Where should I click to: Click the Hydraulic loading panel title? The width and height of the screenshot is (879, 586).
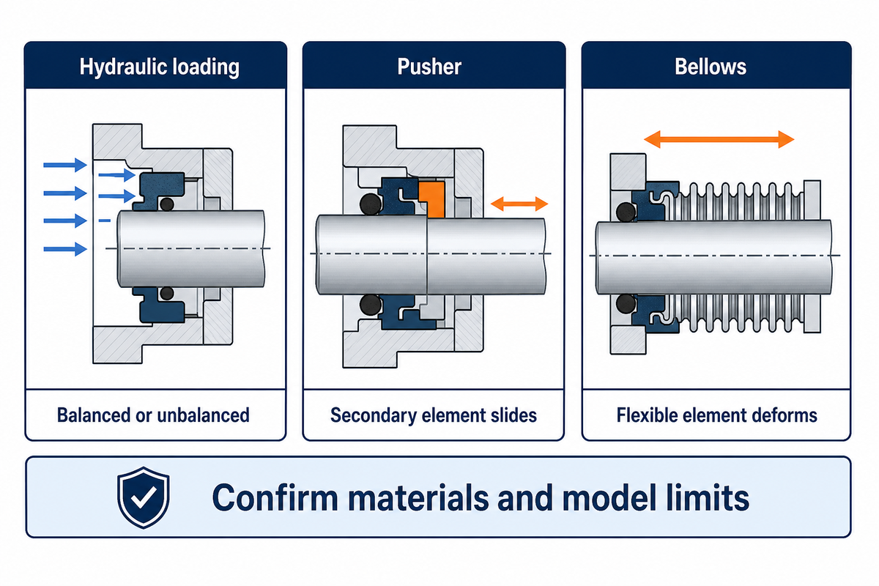(160, 67)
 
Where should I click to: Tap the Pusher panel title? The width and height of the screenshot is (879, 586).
(429, 67)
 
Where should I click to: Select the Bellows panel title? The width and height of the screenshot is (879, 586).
(711, 67)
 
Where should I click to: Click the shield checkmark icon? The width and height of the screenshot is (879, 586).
(144, 497)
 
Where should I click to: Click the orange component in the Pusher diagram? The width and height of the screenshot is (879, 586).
(432, 199)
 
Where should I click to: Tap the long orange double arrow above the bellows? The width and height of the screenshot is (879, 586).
(719, 139)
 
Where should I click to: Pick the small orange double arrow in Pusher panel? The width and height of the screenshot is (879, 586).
(519, 204)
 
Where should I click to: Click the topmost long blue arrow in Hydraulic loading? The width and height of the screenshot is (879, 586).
(65, 165)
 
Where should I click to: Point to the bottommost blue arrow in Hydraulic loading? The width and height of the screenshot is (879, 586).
(65, 249)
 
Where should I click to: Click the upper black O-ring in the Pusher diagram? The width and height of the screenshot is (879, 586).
(371, 204)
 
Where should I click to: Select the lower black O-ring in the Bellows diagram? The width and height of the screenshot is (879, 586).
(626, 303)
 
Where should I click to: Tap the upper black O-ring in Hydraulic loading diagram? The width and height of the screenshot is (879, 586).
(167, 204)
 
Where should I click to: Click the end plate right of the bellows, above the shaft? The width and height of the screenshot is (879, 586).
(812, 200)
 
